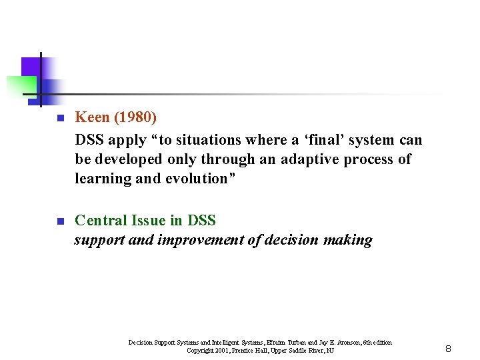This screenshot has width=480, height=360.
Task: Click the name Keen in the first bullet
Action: [93, 118]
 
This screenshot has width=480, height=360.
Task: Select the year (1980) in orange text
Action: [135, 118]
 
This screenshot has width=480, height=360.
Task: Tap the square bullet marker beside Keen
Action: [59, 119]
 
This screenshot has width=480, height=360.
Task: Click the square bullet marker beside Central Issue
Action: [59, 221]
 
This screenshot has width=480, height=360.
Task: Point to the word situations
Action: [206, 139]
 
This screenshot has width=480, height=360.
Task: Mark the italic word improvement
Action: [200, 240]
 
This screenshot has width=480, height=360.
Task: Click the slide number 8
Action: [448, 349]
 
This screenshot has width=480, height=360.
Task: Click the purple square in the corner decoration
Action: [31, 67]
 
